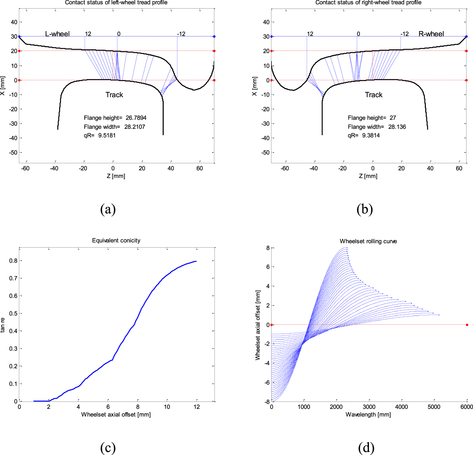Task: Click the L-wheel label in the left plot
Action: [x=57, y=34]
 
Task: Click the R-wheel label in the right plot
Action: [x=431, y=34]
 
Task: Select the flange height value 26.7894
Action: [x=136, y=118]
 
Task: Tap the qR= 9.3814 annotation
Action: [x=364, y=135]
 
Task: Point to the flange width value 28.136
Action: [x=397, y=127]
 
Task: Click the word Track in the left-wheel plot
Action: [x=114, y=95]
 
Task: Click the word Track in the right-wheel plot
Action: [x=373, y=95]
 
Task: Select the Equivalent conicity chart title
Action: [x=116, y=240]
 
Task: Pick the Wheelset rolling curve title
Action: [x=368, y=241]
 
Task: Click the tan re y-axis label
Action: [x=3, y=325]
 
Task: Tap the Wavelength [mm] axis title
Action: [x=368, y=415]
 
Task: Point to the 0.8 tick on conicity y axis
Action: [x=13, y=261]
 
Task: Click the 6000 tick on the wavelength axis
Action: [x=466, y=407]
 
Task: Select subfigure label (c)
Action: [x=108, y=448]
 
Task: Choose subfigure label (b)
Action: [x=365, y=209]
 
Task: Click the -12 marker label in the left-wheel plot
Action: [x=181, y=34]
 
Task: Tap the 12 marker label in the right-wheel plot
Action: [x=310, y=34]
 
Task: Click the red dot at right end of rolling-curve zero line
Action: [x=467, y=325]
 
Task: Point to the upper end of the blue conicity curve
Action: [x=196, y=261]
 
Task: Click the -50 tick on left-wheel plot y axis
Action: [x=14, y=152]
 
